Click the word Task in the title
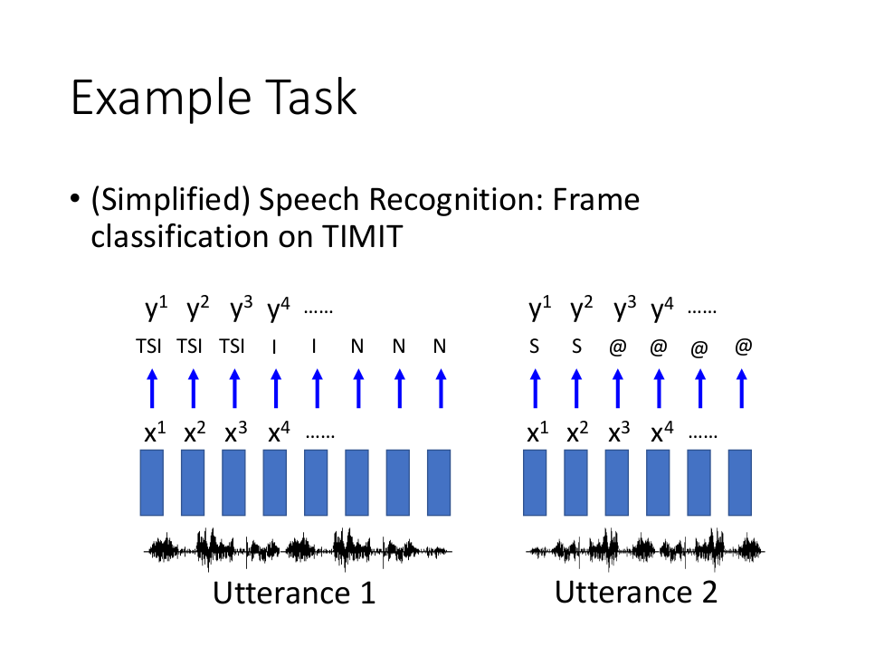310,98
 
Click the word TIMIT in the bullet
363,235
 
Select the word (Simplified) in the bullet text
170,200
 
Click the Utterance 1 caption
294,593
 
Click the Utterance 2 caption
636,592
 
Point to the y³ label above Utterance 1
241,309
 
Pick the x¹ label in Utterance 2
537,432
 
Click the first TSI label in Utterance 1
148,346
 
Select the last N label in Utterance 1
440,346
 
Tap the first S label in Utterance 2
535,346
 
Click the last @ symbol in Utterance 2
744,346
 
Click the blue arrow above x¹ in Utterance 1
152,389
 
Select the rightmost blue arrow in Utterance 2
742,389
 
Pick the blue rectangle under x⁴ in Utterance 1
275,482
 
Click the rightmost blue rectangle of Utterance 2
739,482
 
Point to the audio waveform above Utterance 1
298,550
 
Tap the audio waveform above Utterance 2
645,550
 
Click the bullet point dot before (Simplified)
75,198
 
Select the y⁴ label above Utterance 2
662,309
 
